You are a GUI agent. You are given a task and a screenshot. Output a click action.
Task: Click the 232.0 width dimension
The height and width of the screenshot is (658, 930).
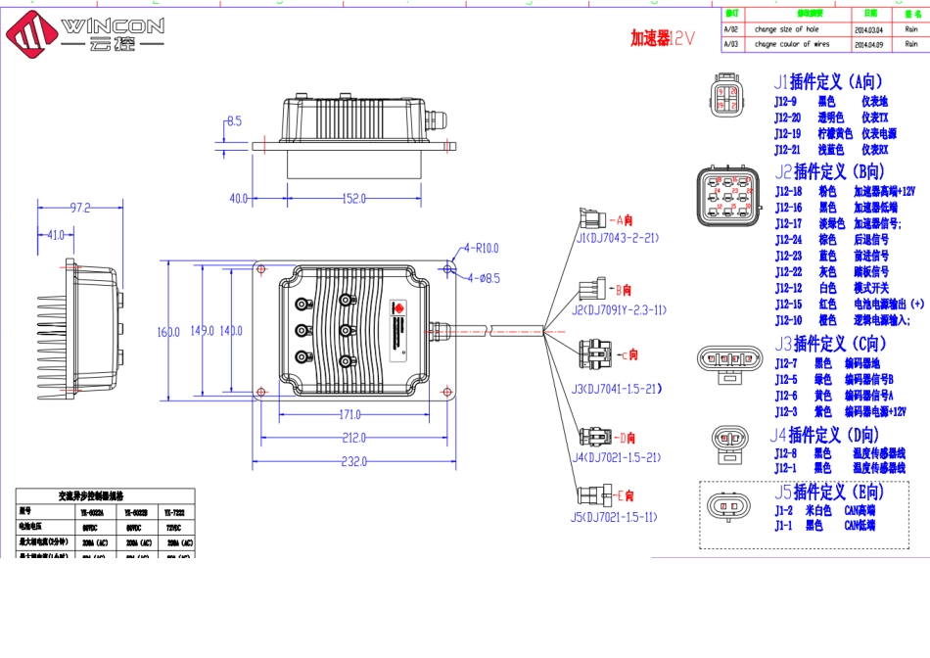click(x=354, y=461)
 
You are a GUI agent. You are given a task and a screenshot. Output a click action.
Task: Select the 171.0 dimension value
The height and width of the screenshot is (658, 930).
click(x=351, y=414)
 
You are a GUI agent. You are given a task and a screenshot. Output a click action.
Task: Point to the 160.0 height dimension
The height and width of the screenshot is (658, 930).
click(x=168, y=332)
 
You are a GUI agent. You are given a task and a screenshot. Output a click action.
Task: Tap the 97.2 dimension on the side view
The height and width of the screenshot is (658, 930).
click(x=79, y=208)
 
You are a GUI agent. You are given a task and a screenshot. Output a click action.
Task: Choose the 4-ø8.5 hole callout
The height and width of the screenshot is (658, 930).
click(x=484, y=278)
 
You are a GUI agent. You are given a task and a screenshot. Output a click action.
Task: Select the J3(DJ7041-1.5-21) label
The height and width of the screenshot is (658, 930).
click(x=620, y=389)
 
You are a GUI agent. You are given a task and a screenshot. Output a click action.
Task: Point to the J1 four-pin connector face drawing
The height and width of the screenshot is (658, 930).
click(x=725, y=97)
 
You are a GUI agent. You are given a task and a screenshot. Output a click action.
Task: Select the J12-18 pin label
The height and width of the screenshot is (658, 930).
click(x=788, y=192)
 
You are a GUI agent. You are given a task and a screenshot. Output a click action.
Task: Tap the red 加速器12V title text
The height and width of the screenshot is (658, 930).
click(x=662, y=39)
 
